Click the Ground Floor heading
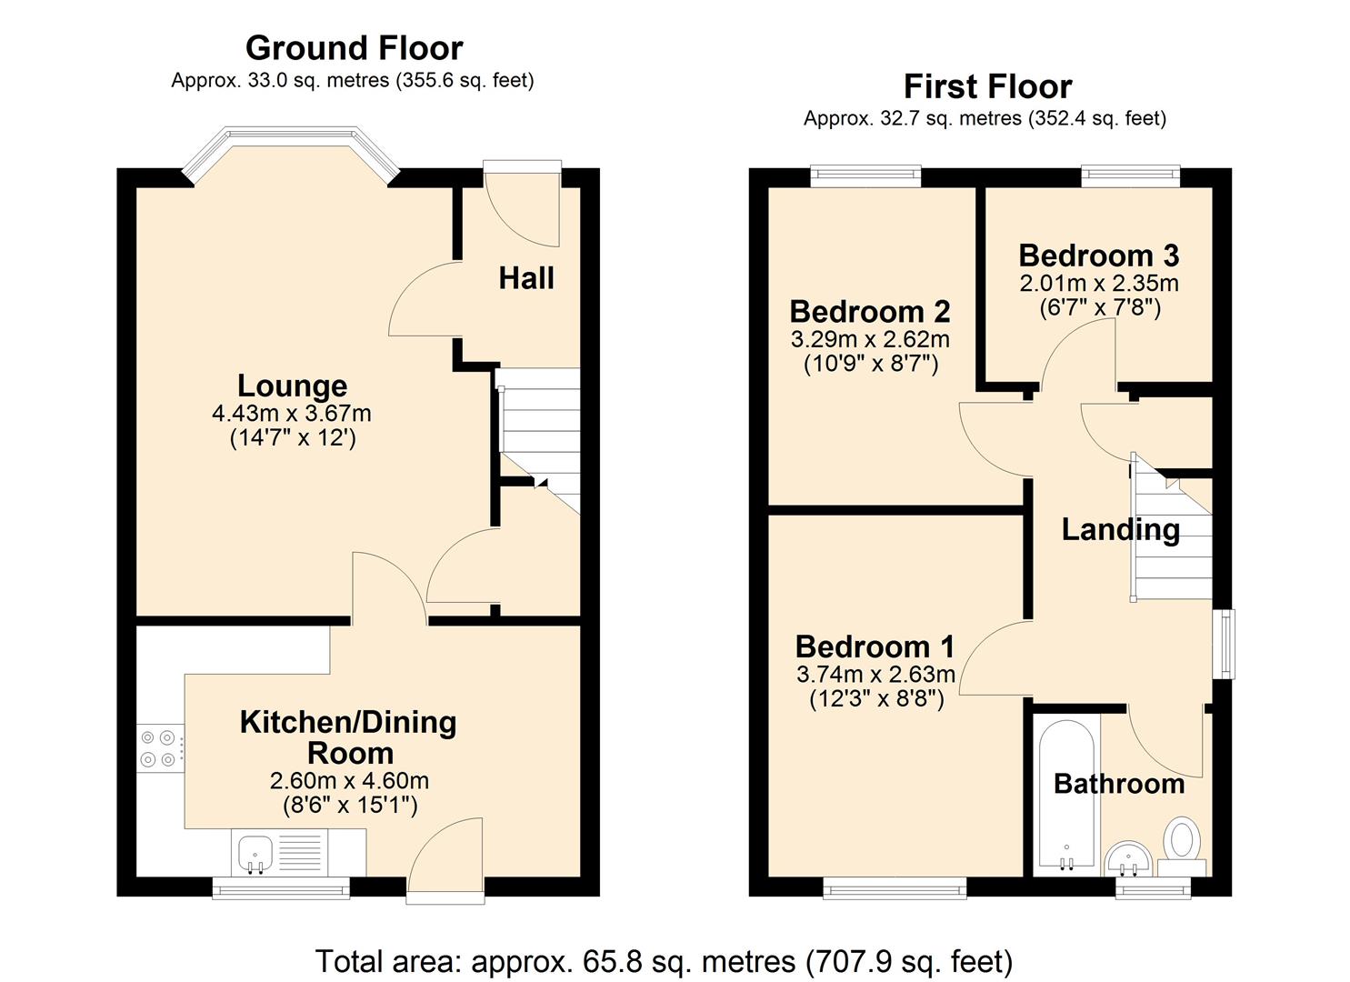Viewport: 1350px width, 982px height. (x=355, y=48)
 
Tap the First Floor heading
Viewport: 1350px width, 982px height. (x=988, y=86)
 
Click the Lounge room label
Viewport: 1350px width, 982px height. (x=293, y=386)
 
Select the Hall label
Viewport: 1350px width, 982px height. (x=526, y=278)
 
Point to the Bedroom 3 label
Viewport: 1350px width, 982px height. (x=1099, y=256)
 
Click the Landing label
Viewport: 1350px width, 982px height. (x=1120, y=530)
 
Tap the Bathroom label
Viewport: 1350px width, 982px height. (x=1119, y=785)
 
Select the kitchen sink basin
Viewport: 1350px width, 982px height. (x=255, y=854)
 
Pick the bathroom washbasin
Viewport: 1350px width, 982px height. (x=1129, y=858)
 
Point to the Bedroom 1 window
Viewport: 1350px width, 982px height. (x=895, y=887)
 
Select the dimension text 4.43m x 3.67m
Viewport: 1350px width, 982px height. (x=292, y=414)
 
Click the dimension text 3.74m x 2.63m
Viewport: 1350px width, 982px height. (x=875, y=674)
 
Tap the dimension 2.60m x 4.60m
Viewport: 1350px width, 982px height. (x=350, y=781)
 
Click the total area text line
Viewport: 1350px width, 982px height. (x=665, y=961)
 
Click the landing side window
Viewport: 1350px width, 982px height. (x=1224, y=645)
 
